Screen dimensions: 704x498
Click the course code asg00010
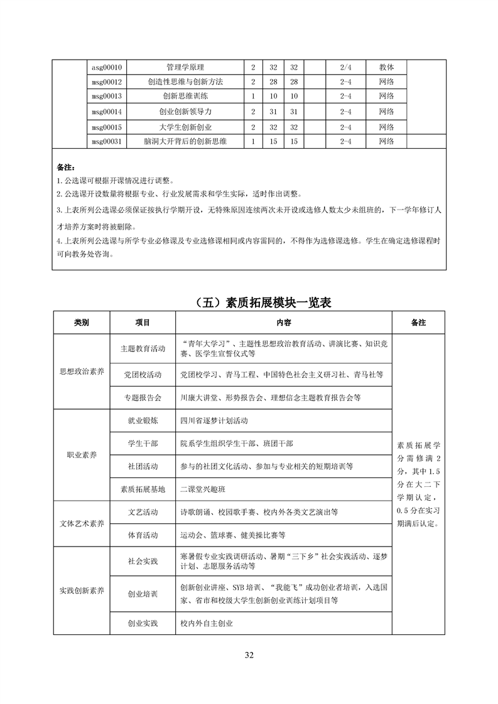106,67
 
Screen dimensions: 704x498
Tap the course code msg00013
106,96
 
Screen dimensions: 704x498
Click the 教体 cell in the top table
386,67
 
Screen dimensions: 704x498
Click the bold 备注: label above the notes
65,168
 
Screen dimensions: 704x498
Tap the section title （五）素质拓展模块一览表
249,303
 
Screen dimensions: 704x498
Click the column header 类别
82,322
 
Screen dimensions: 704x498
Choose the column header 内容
283,322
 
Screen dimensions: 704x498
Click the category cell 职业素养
82,455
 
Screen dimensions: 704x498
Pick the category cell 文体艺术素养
82,523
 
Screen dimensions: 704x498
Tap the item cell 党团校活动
143,374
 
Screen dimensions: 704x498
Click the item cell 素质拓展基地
143,488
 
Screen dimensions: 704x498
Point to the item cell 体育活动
143,535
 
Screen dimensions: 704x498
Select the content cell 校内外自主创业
207,623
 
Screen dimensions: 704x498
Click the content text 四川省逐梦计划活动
214,420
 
